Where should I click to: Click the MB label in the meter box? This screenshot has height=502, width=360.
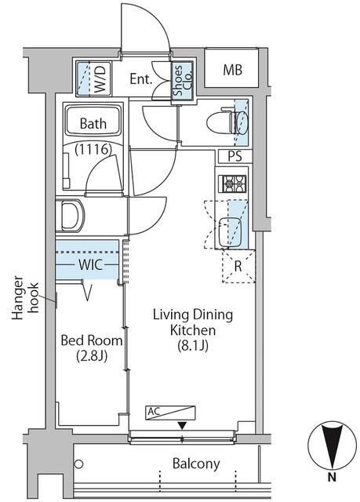pos(232,70)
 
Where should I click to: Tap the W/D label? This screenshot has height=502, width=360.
pos(101,78)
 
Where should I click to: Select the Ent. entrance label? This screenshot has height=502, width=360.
pos(141,78)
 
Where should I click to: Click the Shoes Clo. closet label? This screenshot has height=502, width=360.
pos(183,80)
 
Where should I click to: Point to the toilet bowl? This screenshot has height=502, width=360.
pos(227,122)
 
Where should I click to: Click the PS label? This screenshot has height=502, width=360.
pos(235,157)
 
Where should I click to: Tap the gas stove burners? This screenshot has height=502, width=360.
pos(233,184)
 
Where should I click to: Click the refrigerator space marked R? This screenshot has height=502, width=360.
pos(238,267)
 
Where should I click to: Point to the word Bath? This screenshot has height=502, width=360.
pos(93,124)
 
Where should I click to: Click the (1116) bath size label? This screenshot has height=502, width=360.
pos(93,149)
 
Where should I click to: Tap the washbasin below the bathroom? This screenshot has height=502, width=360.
pos(71,215)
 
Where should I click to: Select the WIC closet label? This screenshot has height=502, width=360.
pos(90,265)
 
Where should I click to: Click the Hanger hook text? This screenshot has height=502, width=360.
pos(26,298)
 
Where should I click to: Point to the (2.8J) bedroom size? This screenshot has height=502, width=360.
pos(92,355)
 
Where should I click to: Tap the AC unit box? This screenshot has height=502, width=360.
pos(170,413)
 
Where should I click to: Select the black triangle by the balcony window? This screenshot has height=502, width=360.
pos(183,426)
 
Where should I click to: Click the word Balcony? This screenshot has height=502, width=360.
pos(196,464)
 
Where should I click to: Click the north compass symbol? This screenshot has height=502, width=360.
pos(333,446)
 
